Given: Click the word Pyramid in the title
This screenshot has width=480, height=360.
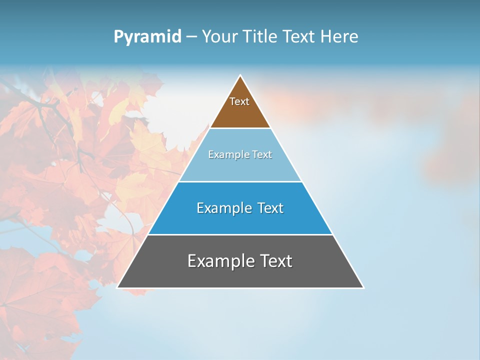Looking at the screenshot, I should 147,37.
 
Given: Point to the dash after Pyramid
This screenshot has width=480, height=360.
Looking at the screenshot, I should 191,37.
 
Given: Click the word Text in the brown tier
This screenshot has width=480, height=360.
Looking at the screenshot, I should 239,101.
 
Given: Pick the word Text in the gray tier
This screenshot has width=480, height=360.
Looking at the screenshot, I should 275,261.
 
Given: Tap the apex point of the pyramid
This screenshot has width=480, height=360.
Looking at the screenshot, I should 240,76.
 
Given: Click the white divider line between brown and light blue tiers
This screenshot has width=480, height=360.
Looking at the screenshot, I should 240,128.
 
